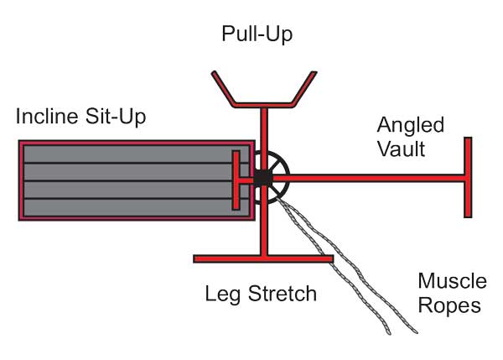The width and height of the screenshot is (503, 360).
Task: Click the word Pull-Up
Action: [x=258, y=35]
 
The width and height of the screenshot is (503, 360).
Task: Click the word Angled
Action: [x=411, y=126]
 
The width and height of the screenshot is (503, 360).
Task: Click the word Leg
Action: [x=221, y=294]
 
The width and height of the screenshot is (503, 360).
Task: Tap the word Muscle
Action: [x=452, y=280]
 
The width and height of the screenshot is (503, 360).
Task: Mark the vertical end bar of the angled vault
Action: [x=468, y=177]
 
